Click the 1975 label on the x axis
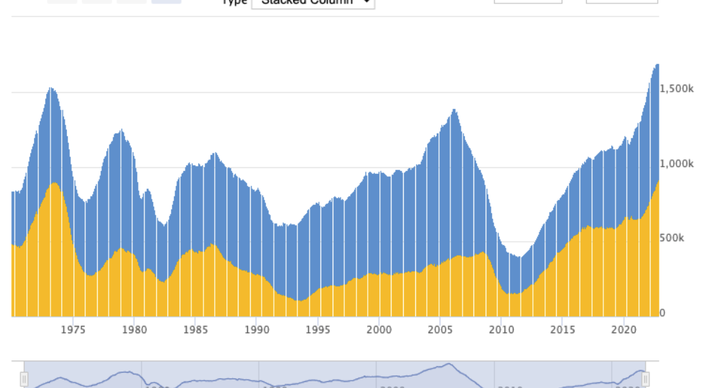(73, 330)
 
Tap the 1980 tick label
(134, 330)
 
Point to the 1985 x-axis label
(195, 330)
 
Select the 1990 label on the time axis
(257, 330)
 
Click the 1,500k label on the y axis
(676, 89)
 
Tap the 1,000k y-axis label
(676, 164)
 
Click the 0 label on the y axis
(662, 313)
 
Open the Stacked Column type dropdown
(313, 2)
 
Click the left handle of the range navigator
(24, 379)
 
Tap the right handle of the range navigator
(645, 379)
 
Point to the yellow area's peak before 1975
(54, 183)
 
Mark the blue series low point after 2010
(518, 257)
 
